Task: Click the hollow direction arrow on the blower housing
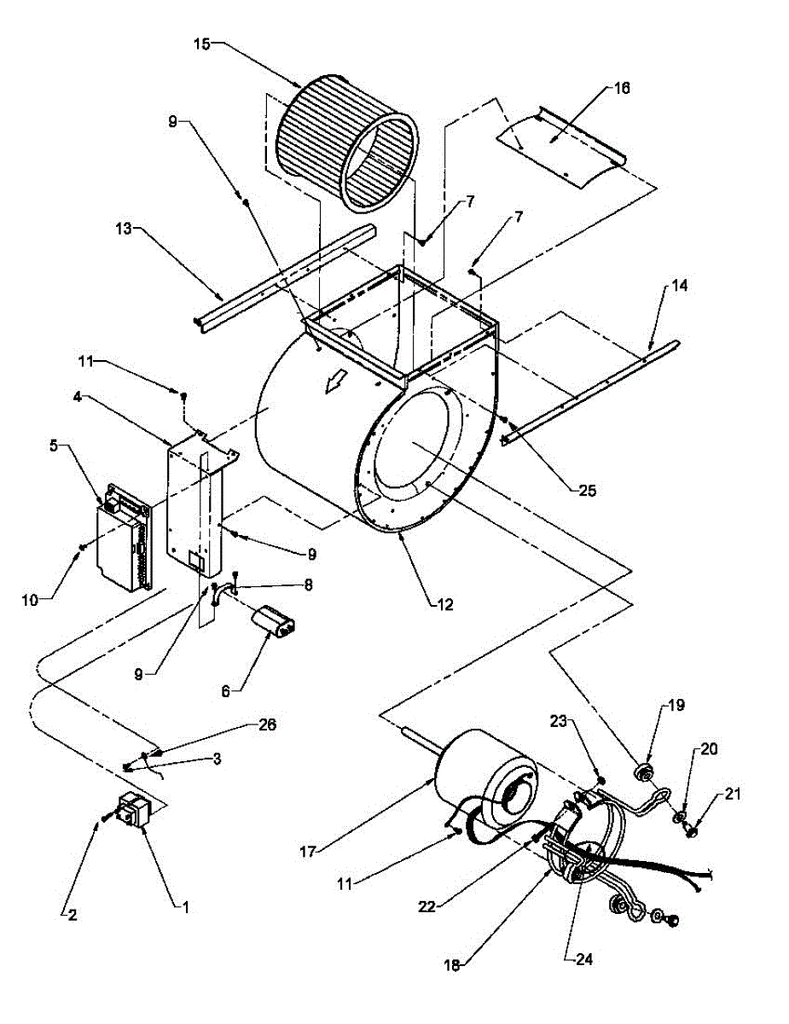pyautogui.click(x=333, y=386)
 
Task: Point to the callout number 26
pyautogui.click(x=267, y=724)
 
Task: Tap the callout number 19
pyautogui.click(x=676, y=706)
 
